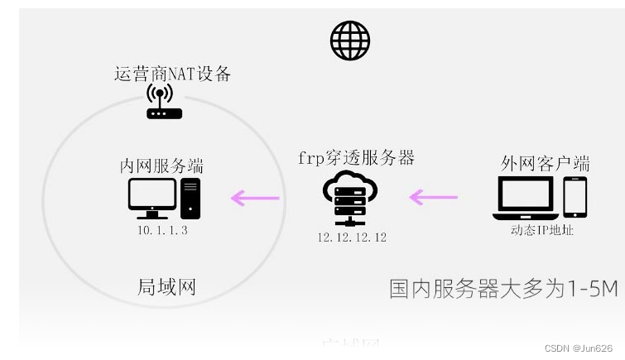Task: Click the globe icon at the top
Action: pyautogui.click(x=349, y=40)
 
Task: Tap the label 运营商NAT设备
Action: pyautogui.click(x=172, y=74)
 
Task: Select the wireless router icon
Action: pyautogui.click(x=164, y=102)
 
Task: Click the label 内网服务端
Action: pyautogui.click(x=161, y=166)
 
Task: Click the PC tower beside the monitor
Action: pyautogui.click(x=190, y=199)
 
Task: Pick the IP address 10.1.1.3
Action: pyautogui.click(x=162, y=230)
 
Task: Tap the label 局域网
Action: pyautogui.click(x=166, y=288)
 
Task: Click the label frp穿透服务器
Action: pyautogui.click(x=356, y=157)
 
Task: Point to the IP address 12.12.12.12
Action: pyautogui.click(x=351, y=238)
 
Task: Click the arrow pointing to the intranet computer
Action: pyautogui.click(x=255, y=198)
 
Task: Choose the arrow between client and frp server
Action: pyautogui.click(x=434, y=198)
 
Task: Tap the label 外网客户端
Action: pyautogui.click(x=545, y=162)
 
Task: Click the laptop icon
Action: pyautogui.click(x=525, y=199)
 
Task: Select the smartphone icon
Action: pyautogui.click(x=575, y=198)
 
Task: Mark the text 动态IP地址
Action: pyautogui.click(x=542, y=230)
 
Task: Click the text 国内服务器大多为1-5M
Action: pyautogui.click(x=503, y=289)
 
